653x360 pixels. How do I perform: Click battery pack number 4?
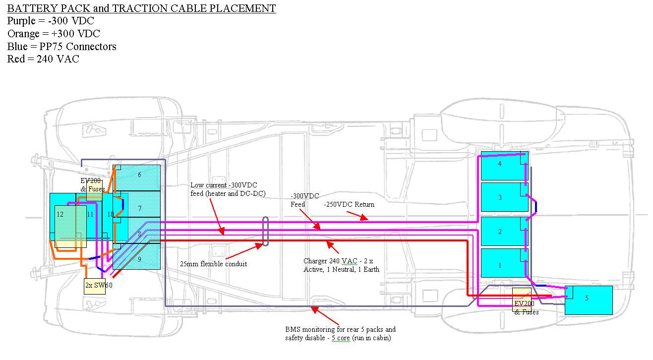click(501, 166)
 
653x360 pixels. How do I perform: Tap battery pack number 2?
click(501, 232)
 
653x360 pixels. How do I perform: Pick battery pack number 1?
click(501, 264)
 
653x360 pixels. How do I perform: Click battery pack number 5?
click(589, 300)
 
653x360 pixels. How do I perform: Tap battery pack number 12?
click(62, 218)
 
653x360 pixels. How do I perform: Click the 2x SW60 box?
click(94, 286)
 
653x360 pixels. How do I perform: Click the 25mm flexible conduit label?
click(213, 264)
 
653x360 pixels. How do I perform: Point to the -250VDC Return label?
click(349, 204)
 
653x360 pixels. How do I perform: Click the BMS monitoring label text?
click(340, 334)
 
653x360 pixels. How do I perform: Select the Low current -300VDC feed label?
click(228, 189)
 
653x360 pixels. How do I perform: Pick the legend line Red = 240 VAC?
click(43, 59)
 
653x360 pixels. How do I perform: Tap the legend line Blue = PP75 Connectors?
click(62, 47)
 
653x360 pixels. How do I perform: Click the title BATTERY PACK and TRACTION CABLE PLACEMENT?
click(142, 8)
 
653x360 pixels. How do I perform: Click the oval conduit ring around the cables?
click(266, 231)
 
